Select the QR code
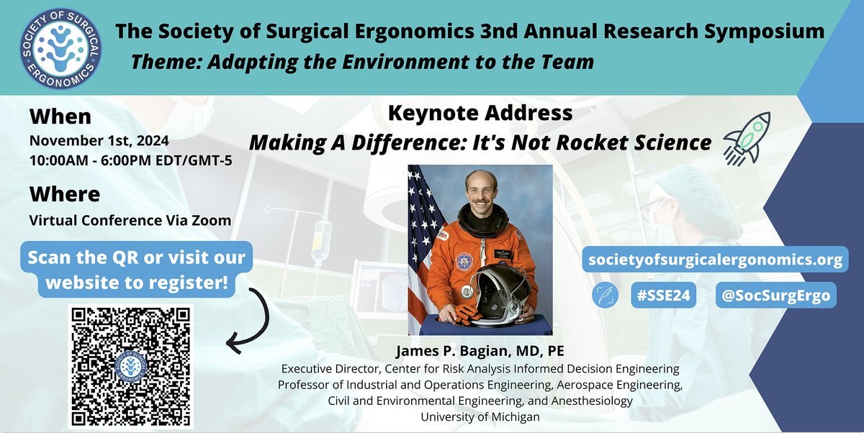(x=130, y=366)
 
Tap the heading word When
(x=61, y=117)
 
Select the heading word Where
(x=65, y=194)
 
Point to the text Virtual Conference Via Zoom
(x=130, y=220)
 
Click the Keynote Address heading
(x=480, y=113)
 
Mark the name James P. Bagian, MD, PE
(x=480, y=353)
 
